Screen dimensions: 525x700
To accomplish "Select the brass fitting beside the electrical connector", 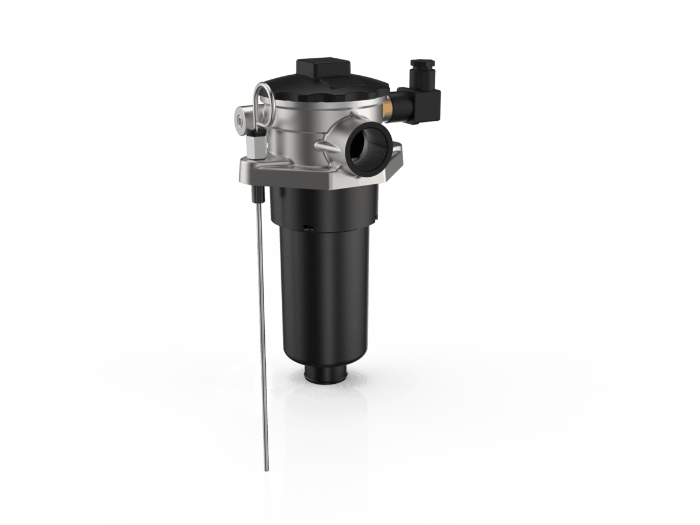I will click(386, 109).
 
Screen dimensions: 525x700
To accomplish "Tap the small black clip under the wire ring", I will click(257, 139).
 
